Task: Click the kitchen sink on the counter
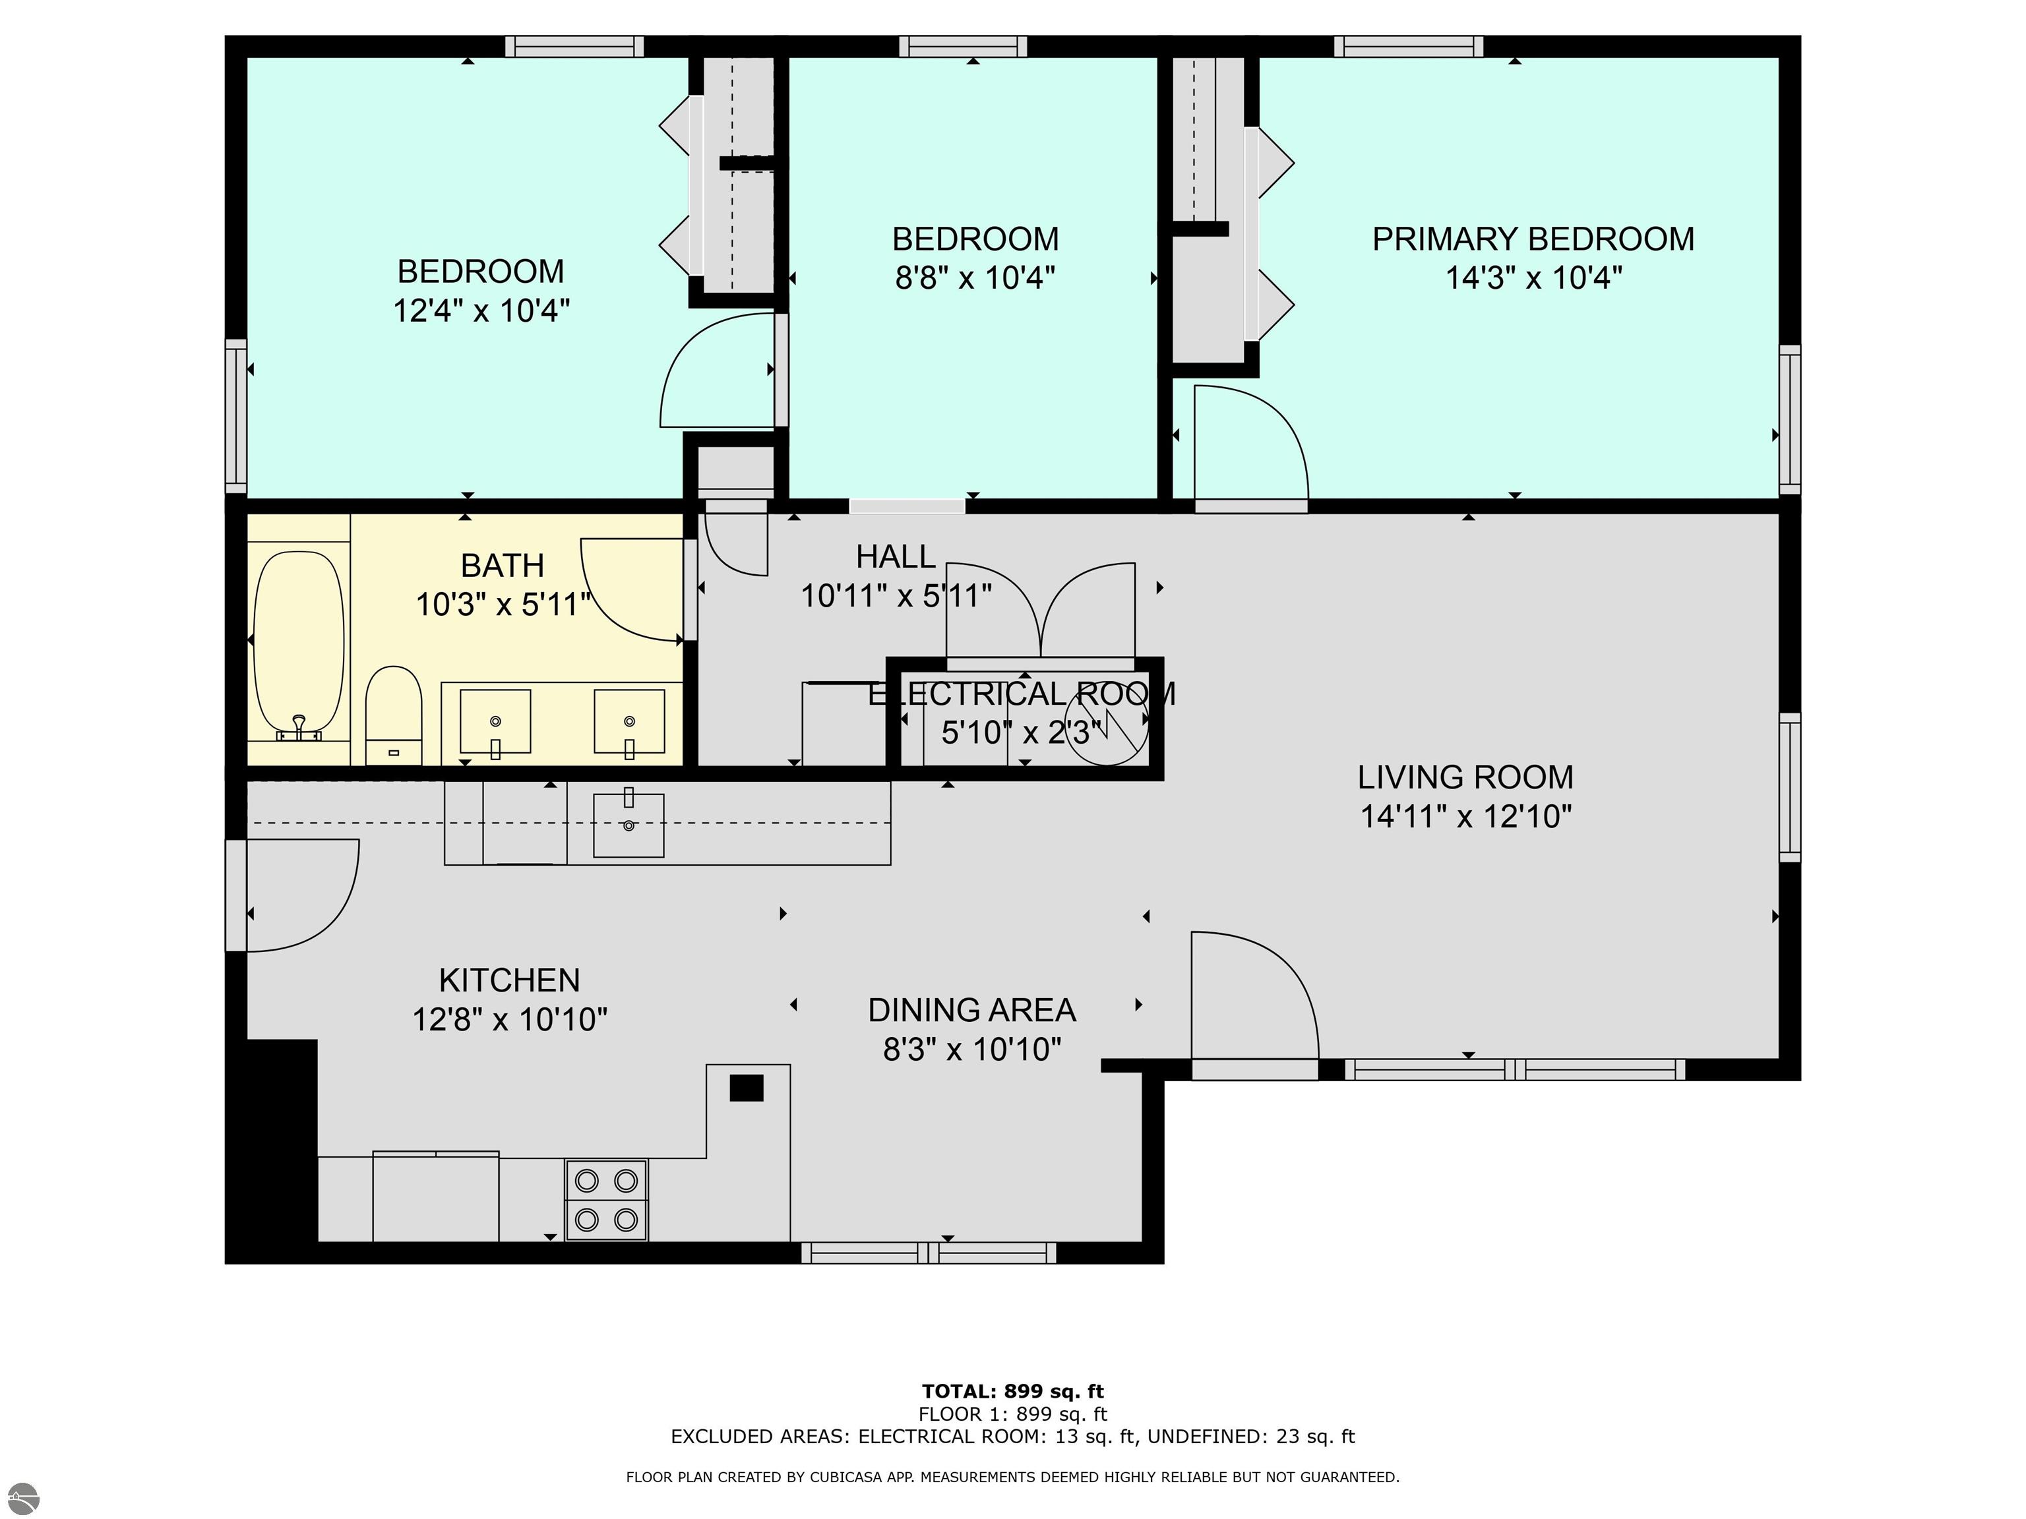click(629, 825)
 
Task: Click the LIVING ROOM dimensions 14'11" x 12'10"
click(1465, 816)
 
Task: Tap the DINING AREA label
click(972, 1010)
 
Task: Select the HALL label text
click(896, 556)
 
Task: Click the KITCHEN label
click(509, 980)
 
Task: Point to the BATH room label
click(503, 566)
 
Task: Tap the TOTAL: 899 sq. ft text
click(1013, 1392)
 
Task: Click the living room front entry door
click(1255, 1003)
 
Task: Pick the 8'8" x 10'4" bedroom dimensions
click(975, 278)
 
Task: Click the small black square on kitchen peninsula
click(747, 1088)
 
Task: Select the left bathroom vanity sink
click(495, 721)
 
